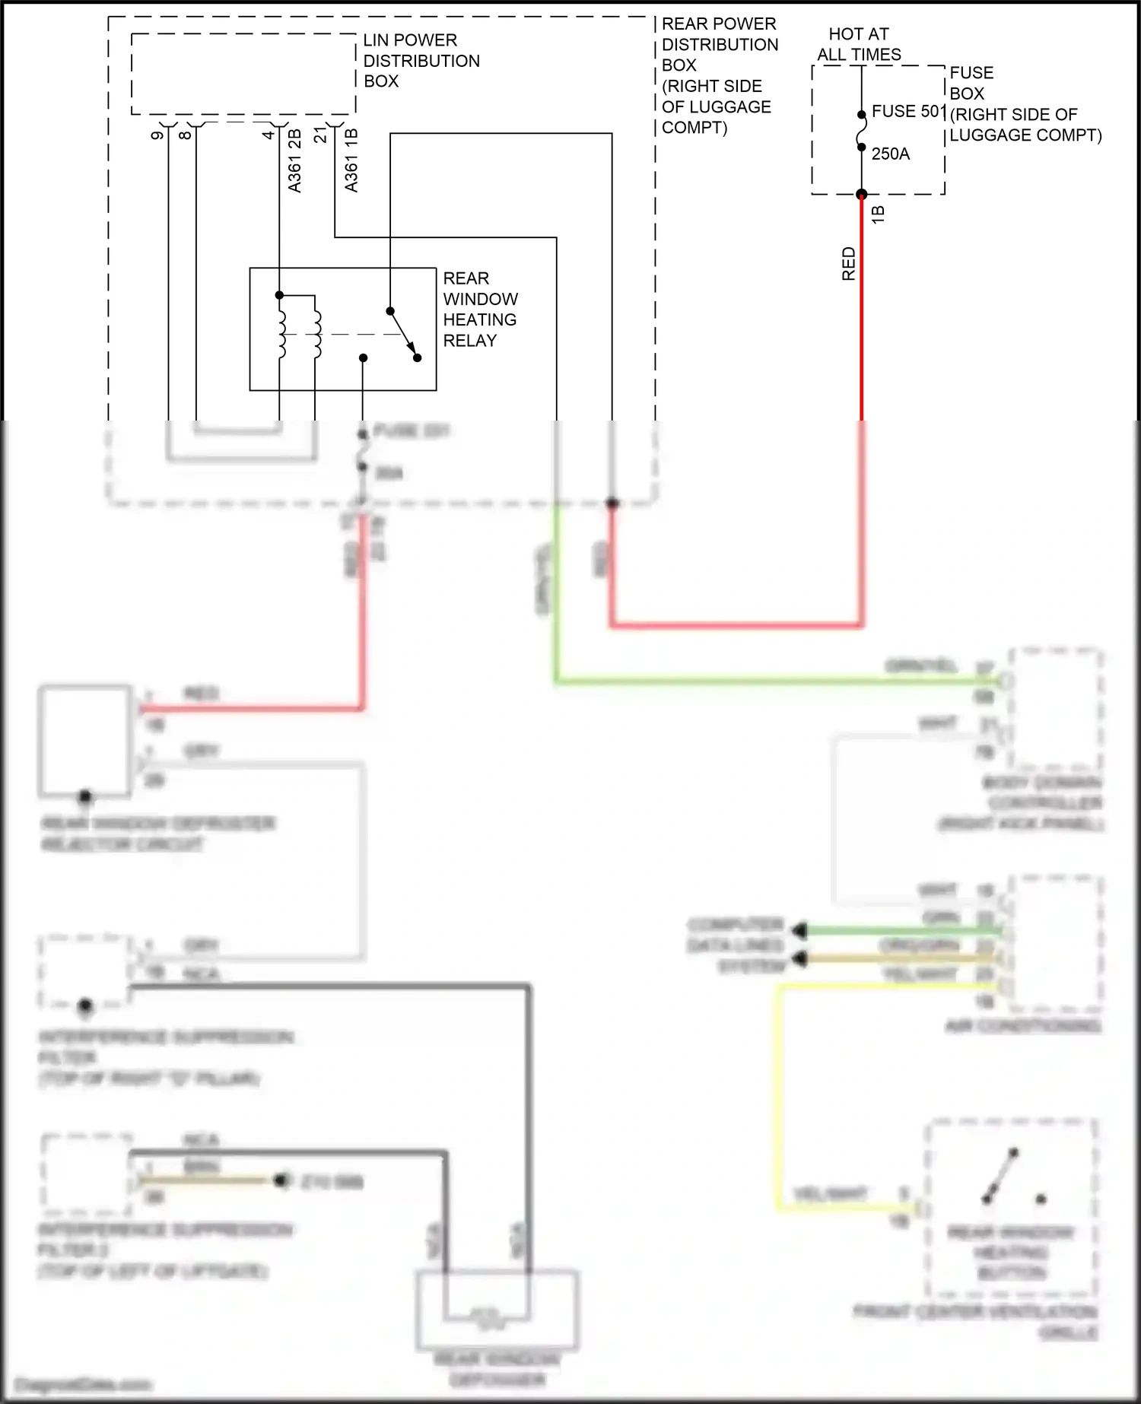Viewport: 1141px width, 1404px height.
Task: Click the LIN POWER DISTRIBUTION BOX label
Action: pos(421,61)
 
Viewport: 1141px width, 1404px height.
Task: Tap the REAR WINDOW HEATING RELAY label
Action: pos(480,310)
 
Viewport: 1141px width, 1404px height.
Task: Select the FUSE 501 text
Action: pos(908,111)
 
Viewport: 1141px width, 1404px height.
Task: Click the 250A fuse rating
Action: pos(890,154)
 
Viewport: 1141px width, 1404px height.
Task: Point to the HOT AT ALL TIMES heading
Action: pos(859,44)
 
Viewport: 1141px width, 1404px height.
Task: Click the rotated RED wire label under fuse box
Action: pos(849,263)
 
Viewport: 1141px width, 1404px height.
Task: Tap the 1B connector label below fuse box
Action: pos(878,214)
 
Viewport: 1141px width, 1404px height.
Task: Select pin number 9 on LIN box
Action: pos(157,135)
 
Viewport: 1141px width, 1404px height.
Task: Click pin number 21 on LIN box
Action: pos(320,135)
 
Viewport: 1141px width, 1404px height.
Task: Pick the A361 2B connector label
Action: pos(294,160)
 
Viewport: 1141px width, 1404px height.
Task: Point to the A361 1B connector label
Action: pos(351,160)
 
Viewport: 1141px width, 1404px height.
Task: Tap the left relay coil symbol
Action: pos(281,334)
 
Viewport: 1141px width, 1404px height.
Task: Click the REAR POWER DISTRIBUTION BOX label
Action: pos(719,75)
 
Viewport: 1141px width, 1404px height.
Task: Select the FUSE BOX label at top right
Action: pos(971,83)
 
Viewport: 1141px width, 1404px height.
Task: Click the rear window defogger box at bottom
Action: pos(497,1308)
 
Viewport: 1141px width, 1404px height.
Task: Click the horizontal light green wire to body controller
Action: pos(761,681)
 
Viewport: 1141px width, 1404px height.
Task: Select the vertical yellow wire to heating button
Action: pos(778,1095)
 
